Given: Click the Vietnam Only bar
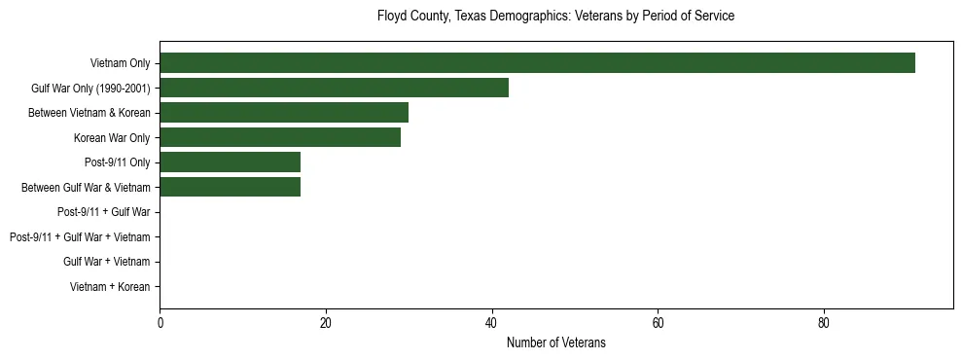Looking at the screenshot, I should tap(537, 63).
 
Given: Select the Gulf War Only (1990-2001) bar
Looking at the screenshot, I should tap(334, 88).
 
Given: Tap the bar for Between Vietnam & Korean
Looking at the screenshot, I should tap(284, 113).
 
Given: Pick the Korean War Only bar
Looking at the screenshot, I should tap(280, 137).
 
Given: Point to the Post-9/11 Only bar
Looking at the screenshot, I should tap(230, 162).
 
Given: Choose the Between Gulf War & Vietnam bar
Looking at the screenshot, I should tap(230, 187).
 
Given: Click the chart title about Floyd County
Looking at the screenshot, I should tap(555, 17).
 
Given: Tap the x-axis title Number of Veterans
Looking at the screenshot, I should tap(555, 342).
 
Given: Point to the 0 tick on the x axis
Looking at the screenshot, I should tap(160, 323).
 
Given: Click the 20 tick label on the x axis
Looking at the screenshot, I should tap(326, 323).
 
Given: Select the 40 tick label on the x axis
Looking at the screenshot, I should tap(492, 323).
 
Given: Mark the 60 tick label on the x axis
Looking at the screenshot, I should tap(658, 323).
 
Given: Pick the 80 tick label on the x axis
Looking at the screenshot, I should tap(824, 323).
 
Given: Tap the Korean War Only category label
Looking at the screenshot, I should tap(112, 137).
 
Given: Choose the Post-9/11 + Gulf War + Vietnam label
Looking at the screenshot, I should tap(80, 236).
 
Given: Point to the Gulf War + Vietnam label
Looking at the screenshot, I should tap(106, 262).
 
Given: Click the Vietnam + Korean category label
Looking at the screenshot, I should tap(110, 286).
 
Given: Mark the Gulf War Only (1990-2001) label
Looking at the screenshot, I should tap(90, 88).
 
